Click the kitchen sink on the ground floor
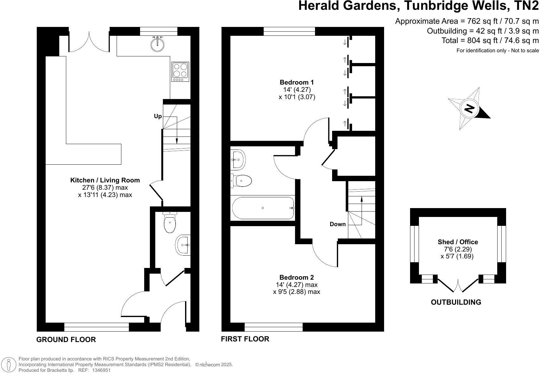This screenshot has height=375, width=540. coord(157,44)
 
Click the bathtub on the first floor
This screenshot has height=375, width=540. coord(263,208)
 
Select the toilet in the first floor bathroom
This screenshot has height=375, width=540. coord(242,181)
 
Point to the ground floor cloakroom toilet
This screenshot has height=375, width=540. coord(170,222)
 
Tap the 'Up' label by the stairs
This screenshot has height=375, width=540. coord(158,116)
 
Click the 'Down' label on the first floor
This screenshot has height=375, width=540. coord(337,224)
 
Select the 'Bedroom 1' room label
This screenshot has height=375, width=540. coord(297,82)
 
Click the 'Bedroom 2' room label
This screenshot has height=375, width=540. coord(297,277)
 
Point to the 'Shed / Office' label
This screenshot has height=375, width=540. coord(458,242)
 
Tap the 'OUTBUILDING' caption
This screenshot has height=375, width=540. coord(456,302)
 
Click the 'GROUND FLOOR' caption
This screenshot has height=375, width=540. coord(66,340)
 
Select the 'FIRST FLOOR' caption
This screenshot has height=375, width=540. coord(245,339)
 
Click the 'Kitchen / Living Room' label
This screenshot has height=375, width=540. coord(105,180)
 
